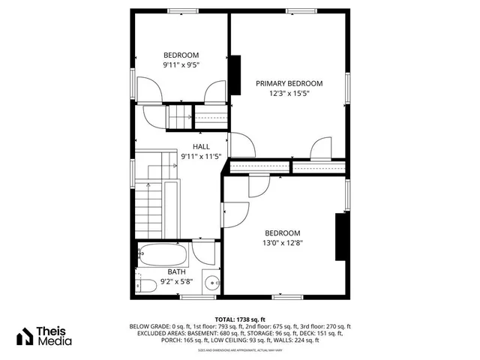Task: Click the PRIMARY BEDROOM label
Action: (x=289, y=83)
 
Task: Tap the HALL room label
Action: (x=201, y=146)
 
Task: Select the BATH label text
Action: (x=176, y=271)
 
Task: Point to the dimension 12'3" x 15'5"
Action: (x=289, y=94)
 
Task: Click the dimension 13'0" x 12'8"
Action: (x=282, y=242)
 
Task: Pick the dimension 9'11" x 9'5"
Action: (x=181, y=65)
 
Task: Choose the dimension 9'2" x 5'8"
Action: (x=176, y=281)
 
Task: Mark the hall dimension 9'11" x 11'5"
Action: (x=201, y=157)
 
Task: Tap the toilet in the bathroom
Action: (x=146, y=283)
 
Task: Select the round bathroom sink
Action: (x=212, y=283)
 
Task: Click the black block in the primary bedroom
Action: (x=235, y=75)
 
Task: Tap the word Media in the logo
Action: (x=56, y=341)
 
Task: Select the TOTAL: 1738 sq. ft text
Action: (x=240, y=319)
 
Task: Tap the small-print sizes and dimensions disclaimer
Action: (x=240, y=349)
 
